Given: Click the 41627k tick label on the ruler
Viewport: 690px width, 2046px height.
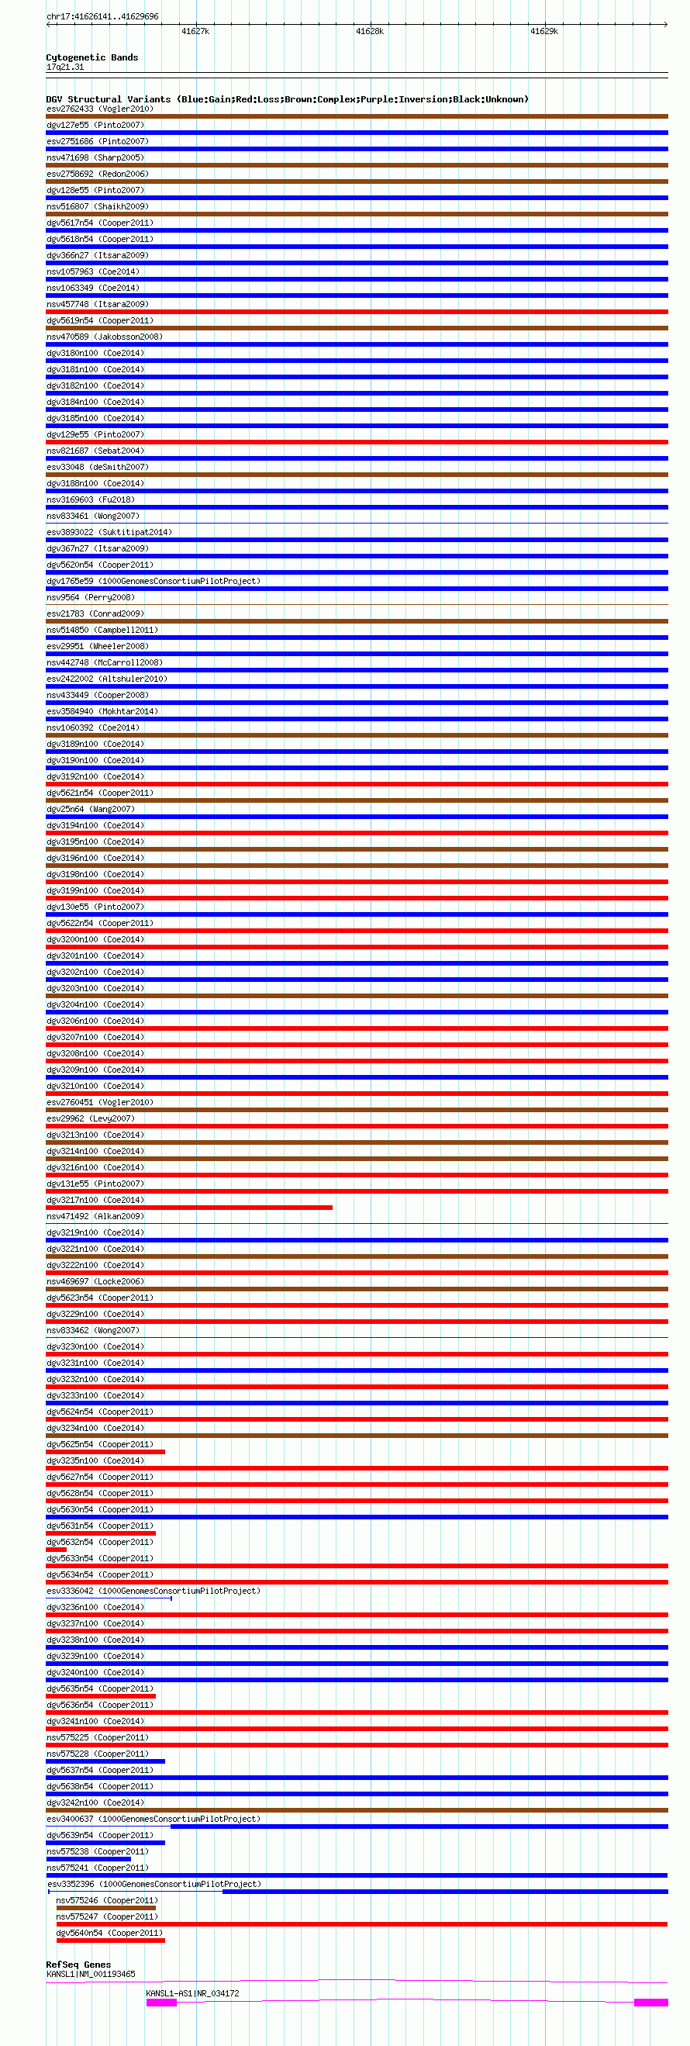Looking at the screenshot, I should (x=195, y=32).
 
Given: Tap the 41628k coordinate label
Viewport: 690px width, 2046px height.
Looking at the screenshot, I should (x=369, y=32).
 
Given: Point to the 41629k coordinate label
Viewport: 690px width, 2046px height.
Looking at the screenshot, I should (x=544, y=32).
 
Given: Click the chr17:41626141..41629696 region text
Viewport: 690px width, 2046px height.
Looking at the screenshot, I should (x=102, y=16).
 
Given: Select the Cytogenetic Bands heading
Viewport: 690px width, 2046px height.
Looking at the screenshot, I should (x=92, y=57).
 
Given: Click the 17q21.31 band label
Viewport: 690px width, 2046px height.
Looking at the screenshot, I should (x=65, y=67).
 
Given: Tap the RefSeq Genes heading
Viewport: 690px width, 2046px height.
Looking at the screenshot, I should (x=78, y=1965).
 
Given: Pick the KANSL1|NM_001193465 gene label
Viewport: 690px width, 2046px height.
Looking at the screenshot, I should (x=91, y=1974).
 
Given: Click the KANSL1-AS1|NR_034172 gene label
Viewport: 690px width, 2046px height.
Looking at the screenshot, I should (x=192, y=1992).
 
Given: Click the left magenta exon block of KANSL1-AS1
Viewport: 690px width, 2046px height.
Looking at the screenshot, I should (x=161, y=2003).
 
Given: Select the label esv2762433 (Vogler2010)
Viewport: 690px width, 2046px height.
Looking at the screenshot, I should (x=100, y=109).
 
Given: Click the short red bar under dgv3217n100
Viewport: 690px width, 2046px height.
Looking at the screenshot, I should (x=189, y=1208).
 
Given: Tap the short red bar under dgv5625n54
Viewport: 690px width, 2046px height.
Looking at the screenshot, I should (x=105, y=1452).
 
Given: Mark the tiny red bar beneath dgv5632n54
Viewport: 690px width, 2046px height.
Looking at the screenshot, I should (x=57, y=1550).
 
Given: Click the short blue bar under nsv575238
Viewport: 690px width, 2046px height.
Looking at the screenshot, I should (x=88, y=1858).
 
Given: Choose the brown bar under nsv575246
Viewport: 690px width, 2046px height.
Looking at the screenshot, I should (x=105, y=1908).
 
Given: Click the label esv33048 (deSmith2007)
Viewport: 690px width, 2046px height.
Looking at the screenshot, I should (x=98, y=467).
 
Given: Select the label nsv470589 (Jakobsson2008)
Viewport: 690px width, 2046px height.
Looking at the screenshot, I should (x=104, y=337).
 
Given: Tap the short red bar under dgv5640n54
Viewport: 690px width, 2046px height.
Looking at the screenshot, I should (x=110, y=1941).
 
